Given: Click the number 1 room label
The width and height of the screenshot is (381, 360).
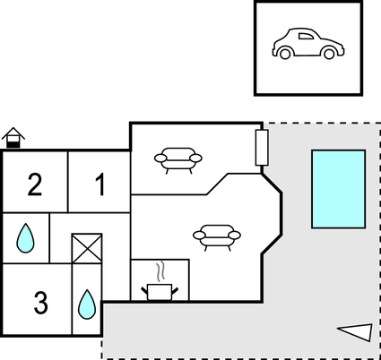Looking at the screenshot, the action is (x=100, y=184).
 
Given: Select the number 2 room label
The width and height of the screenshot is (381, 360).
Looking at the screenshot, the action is (x=35, y=184).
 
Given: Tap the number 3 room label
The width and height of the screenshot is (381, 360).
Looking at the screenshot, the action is (x=40, y=303).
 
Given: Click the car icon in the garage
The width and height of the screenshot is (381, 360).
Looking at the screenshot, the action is (x=308, y=44).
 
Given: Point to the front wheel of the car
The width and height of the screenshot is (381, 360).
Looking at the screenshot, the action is (x=329, y=54).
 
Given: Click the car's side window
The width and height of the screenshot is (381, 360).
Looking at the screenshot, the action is (x=307, y=36).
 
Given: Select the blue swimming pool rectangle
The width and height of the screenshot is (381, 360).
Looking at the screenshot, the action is (x=338, y=189).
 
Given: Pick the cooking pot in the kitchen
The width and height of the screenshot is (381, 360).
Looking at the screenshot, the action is (x=160, y=292).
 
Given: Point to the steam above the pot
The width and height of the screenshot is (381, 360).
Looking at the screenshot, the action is (x=160, y=271).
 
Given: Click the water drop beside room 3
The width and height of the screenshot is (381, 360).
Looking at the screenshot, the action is (x=87, y=304).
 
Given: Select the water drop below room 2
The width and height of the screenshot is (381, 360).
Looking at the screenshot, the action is (x=25, y=238).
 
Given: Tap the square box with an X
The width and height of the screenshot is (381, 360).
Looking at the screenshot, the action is (x=87, y=248).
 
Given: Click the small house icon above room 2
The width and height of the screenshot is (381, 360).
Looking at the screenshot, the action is (x=13, y=137).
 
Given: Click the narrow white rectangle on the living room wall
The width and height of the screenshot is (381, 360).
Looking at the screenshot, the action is (x=262, y=148).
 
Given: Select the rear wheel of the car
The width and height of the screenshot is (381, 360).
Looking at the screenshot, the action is (x=285, y=54).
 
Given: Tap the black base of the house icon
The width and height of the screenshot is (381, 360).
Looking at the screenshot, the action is (x=13, y=145).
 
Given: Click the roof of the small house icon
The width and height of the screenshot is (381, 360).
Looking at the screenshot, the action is (x=13, y=133).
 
